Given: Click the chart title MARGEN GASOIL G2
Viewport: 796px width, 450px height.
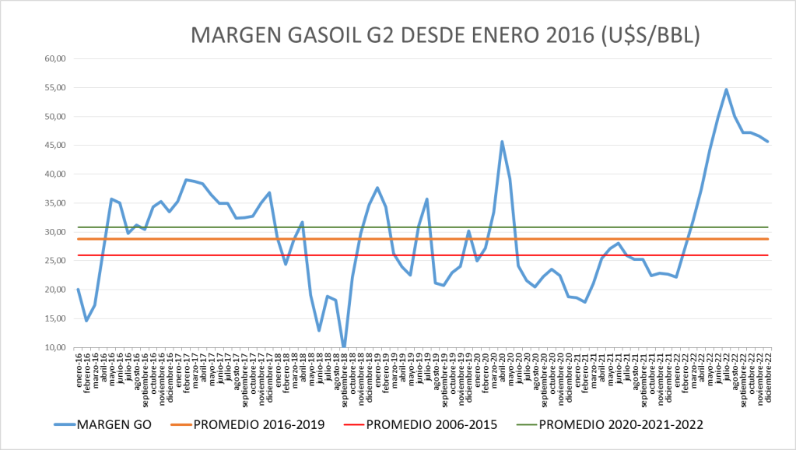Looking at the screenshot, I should (x=446, y=36).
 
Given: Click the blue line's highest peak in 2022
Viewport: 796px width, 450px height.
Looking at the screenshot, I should (x=726, y=90).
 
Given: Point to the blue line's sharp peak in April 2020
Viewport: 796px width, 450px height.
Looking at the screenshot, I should (x=502, y=142).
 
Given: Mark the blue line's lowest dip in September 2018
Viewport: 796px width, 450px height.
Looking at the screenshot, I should (x=344, y=346).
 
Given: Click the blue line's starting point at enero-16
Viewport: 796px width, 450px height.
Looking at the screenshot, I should (x=78, y=290).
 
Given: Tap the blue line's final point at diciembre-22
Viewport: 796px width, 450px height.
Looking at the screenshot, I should (x=768, y=142).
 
